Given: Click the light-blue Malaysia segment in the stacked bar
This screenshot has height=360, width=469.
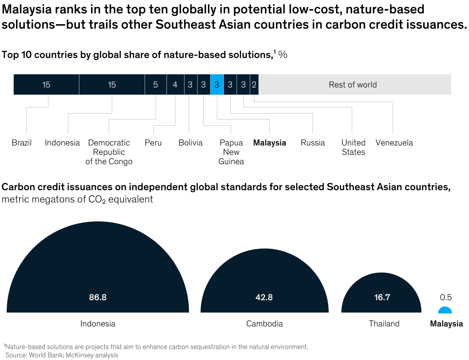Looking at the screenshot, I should coord(217,84).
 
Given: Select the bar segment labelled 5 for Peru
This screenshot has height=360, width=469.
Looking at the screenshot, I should coord(156,84).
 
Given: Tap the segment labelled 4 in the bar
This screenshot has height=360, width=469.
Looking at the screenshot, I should coord(175,84).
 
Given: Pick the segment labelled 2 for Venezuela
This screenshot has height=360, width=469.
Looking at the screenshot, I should coord(254,84).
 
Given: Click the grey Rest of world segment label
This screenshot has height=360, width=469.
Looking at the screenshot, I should coord(353,85).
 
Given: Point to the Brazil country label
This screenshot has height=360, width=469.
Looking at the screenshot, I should coord(21,143).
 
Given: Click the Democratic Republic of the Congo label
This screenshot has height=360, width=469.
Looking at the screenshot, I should coord(109,152).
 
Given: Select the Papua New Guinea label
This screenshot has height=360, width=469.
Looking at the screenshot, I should coord(231,152).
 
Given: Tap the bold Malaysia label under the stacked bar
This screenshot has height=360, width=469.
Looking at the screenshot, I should coord(270,143).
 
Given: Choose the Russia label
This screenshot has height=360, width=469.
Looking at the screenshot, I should coord(313,143).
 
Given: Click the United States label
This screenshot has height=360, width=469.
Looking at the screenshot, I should coord(353,148).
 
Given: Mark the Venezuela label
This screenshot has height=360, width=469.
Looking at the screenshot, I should coord(394,143).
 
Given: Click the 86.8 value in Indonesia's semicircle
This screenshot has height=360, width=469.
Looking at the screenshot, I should coord(98,297).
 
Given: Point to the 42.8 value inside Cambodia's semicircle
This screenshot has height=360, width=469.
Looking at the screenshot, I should coord(264,297).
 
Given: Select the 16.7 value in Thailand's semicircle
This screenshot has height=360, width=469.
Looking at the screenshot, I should coord(381,297).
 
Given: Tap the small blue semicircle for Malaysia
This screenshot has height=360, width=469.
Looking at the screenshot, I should coord(445,310).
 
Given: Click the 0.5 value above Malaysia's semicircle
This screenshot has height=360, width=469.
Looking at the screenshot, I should coord(446,298).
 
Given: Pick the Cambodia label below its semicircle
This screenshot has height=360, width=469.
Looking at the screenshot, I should coord(265,324).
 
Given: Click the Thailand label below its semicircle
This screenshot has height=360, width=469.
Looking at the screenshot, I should coord(384,324).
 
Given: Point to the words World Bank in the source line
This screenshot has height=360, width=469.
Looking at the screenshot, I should coord(42,355).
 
